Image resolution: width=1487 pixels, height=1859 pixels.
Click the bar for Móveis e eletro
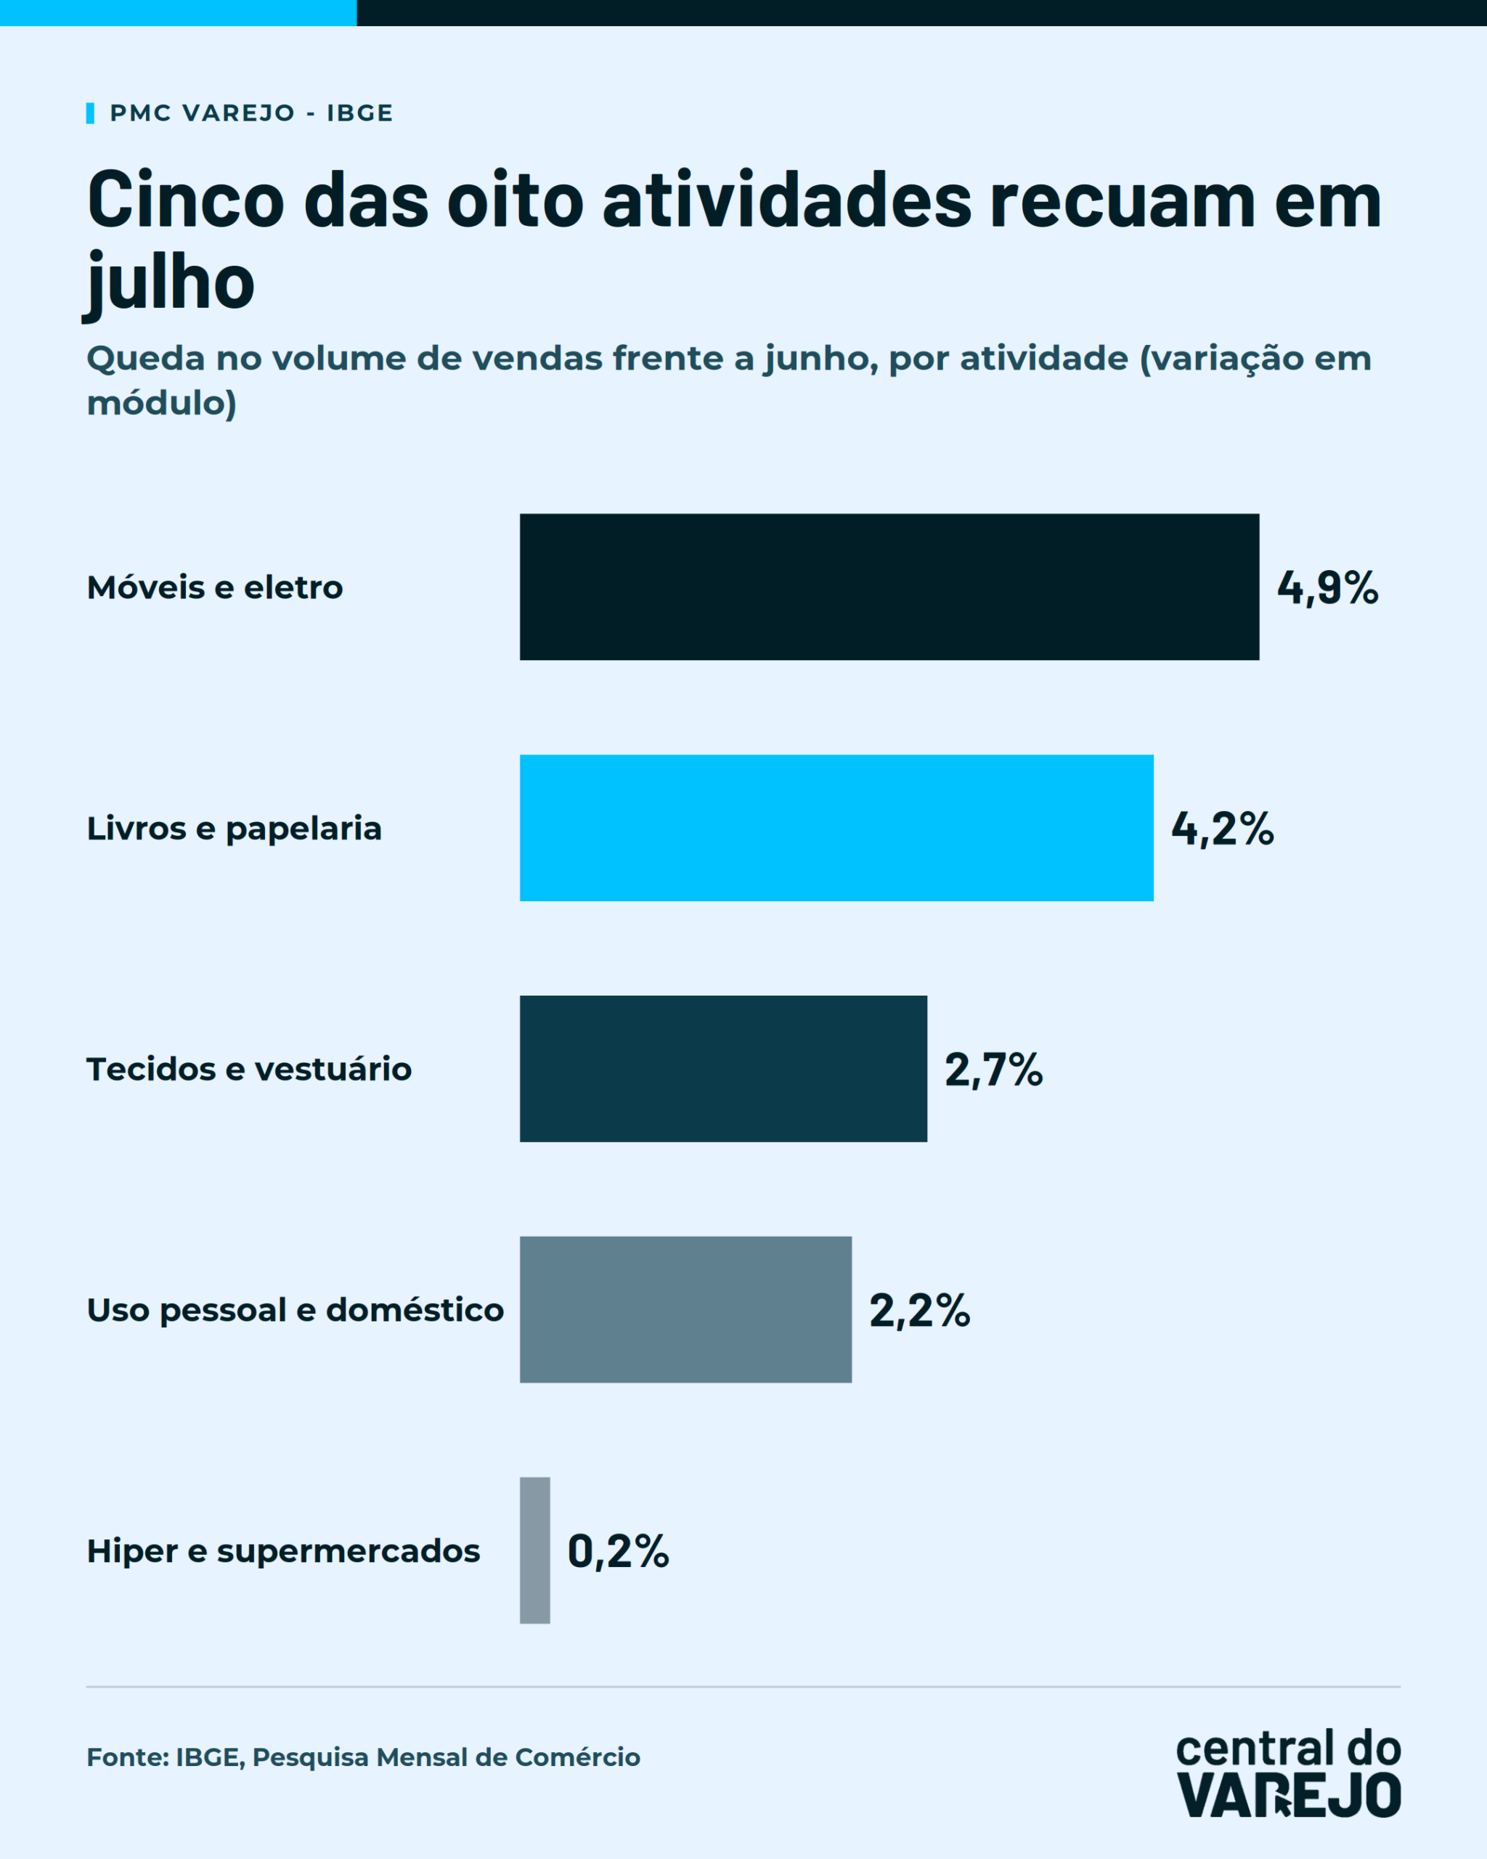(889, 587)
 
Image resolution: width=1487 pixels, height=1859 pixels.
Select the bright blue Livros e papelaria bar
(836, 828)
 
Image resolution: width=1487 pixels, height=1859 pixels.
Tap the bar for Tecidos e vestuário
(723, 1069)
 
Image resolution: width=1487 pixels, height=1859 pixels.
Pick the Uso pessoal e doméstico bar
(685, 1310)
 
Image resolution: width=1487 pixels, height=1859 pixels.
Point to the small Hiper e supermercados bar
(534, 1550)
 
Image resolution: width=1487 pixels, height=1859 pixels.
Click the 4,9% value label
(1327, 588)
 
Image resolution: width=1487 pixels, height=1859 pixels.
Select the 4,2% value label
(1223, 829)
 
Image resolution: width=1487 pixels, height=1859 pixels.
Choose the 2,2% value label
(920, 1311)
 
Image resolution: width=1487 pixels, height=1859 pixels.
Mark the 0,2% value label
(618, 1551)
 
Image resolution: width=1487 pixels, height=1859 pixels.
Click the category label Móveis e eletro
(215, 587)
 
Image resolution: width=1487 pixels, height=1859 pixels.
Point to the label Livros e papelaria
(234, 829)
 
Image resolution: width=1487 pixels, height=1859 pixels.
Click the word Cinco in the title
(185, 200)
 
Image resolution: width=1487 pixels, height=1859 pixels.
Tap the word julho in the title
(169, 282)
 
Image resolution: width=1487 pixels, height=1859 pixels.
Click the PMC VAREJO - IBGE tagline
(250, 113)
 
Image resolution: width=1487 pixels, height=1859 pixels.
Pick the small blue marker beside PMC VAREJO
(89, 113)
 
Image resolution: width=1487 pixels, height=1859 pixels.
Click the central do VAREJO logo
(1288, 1773)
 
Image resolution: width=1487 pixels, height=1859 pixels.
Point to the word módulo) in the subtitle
(161, 404)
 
